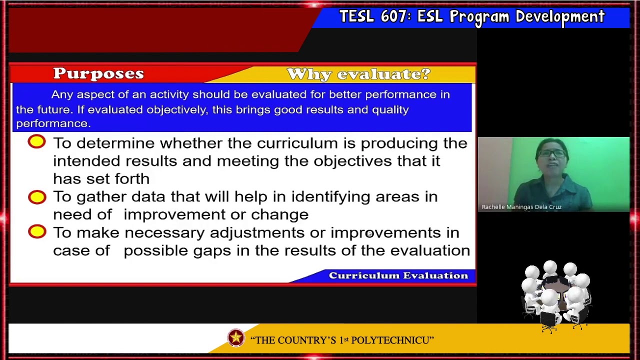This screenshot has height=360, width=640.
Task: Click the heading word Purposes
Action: click(98, 73)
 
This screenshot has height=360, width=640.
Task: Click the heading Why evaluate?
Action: click(358, 74)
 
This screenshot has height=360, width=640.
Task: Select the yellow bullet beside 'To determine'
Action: click(36, 142)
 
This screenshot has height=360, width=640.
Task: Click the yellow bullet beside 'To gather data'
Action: click(36, 197)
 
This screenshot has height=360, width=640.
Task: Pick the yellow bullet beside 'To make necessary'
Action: click(36, 231)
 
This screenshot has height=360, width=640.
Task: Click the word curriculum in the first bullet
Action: click(297, 143)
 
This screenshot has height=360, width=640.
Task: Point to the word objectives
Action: click(352, 161)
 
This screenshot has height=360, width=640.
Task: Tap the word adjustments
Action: click(257, 233)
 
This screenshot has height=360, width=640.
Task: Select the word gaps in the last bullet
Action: click(212, 251)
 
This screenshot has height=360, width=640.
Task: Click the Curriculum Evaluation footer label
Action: click(398, 275)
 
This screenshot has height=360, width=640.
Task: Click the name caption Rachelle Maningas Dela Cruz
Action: click(521, 207)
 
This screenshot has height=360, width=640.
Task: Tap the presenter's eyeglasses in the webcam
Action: click(552, 153)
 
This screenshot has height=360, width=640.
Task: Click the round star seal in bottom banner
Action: click(236, 338)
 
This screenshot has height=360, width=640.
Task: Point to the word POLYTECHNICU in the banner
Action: click(389, 340)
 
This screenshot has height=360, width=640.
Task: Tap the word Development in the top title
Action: click(560, 16)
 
